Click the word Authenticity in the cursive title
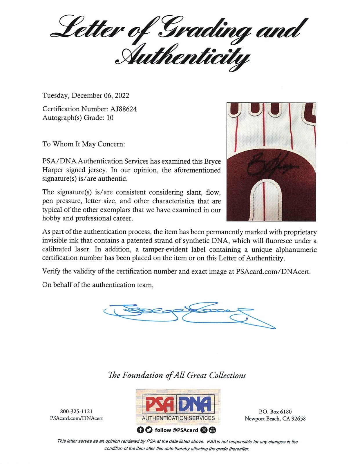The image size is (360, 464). coord(182,55)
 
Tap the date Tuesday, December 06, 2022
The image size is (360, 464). coord(86,96)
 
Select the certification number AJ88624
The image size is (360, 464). coord(123,109)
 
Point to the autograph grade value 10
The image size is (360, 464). coord(110,118)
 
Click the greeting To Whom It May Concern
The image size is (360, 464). coord(84,144)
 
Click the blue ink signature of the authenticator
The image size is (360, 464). coord(186,315)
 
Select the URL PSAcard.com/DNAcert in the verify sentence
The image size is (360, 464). coord(273,272)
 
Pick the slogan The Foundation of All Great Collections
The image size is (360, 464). coord(177,376)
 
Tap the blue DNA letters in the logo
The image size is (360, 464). coord(195,404)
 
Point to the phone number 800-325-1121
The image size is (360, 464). coord(76,412)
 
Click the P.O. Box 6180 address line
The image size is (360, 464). coord(275,412)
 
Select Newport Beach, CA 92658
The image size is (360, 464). coord(275,418)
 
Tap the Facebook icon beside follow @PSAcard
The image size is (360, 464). coord(140,430)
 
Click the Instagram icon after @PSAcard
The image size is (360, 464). coord(204,430)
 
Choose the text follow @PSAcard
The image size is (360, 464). coord(176,430)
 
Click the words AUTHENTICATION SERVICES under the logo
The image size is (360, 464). coord(178,418)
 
